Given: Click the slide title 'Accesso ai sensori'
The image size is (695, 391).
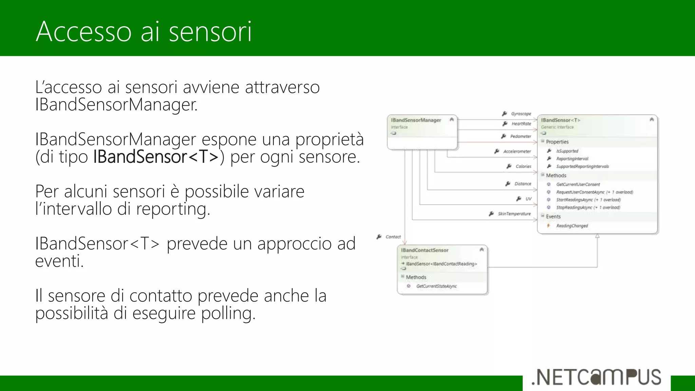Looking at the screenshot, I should (144, 32).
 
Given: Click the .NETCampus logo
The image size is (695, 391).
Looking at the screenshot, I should (596, 377).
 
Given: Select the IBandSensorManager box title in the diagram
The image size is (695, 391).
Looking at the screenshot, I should (416, 120).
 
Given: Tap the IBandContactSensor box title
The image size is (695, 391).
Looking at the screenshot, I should (425, 250).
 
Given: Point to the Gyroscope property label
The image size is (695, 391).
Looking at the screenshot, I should (521, 114).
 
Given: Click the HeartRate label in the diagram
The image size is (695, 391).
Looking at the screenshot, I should (521, 124).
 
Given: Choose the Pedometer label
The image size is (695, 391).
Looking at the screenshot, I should (521, 136).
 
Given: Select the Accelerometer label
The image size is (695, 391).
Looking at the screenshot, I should (517, 151).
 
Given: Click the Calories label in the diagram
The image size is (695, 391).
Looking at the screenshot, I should (523, 166).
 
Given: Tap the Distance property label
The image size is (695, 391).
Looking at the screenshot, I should (523, 184).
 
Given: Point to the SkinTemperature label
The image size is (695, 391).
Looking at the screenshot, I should (514, 214).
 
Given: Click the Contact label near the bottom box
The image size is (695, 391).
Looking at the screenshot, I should (393, 237).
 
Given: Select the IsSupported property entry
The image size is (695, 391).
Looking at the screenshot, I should (567, 151).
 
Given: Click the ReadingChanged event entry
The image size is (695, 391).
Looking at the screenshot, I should (572, 226).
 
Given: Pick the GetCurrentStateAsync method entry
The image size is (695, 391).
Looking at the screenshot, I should (436, 286).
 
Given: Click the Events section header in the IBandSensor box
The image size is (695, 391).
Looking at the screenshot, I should (553, 217).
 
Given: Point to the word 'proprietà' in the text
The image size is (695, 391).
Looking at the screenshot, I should (329, 139).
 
